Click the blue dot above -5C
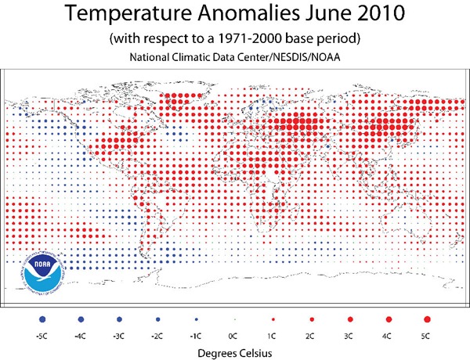(42, 319)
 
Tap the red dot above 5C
(427, 319)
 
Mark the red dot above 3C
(350, 319)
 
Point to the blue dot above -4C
(81, 319)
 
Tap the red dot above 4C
(389, 319)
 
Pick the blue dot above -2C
(157, 319)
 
